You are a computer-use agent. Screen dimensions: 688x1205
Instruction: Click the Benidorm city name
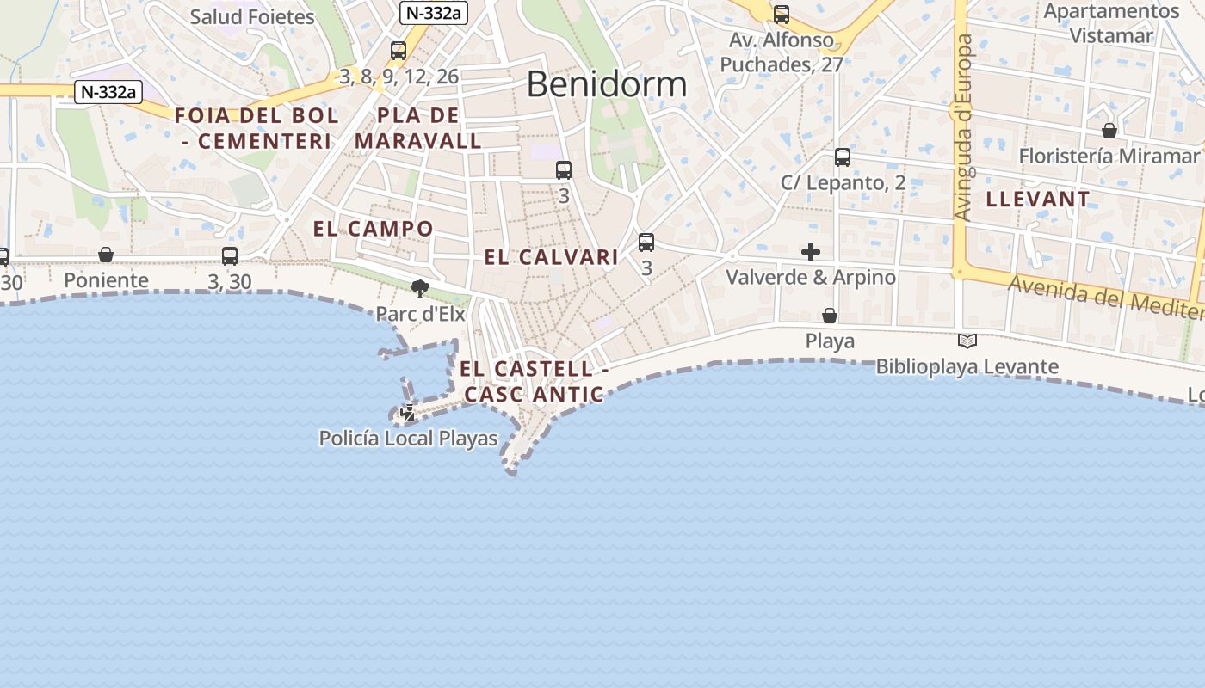coord(607,84)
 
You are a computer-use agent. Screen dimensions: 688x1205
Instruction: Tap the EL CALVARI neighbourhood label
coord(551,257)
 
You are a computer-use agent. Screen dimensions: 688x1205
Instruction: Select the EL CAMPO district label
coord(373,229)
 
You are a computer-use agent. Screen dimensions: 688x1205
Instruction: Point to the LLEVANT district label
coord(1037,200)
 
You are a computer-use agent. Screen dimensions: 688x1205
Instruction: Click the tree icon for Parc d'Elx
coord(420,289)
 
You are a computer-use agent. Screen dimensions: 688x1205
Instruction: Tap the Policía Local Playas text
coord(408,439)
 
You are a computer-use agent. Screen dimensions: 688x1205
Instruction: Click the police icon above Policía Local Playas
coord(408,413)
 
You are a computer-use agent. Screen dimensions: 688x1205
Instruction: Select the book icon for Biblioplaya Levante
coord(967,341)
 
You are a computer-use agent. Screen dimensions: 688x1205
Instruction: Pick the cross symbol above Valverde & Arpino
coord(811,252)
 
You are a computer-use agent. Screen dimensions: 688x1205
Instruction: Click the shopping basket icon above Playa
coord(830,316)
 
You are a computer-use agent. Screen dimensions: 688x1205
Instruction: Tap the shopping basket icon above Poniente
coord(106,255)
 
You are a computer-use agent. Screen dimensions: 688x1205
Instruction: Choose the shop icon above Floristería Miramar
coord(1109,131)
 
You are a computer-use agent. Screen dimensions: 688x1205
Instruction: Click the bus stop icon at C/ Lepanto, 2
coord(843,157)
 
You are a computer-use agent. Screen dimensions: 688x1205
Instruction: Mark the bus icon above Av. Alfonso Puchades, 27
coord(782,15)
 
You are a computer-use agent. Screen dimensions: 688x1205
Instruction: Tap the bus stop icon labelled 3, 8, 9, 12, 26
coord(399,51)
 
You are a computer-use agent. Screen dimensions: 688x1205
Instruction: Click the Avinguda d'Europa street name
coord(963,127)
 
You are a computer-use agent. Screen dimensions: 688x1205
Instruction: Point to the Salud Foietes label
coord(252,16)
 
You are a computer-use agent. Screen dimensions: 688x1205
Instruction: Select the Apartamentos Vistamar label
coord(1110,23)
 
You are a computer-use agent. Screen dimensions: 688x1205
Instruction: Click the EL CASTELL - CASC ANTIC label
coord(534,382)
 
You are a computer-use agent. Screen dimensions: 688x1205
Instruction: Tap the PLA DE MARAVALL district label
coord(418,128)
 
